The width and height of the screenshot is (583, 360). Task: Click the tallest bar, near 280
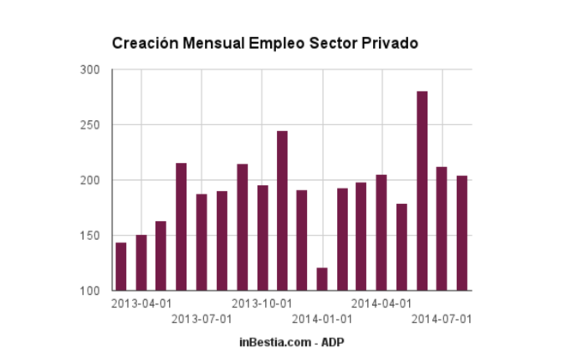point(422,190)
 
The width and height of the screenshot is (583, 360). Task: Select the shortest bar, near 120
point(322,279)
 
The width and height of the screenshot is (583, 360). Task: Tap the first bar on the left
point(121,267)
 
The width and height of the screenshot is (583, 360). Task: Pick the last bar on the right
point(462,233)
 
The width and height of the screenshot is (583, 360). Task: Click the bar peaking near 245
point(282,211)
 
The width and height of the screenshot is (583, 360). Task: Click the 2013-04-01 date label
point(141,303)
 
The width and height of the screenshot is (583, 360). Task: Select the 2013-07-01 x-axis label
point(201,319)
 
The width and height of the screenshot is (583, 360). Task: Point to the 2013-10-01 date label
point(262,303)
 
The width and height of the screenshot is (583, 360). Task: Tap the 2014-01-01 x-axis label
point(322,319)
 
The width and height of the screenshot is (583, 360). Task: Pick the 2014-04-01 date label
point(382,303)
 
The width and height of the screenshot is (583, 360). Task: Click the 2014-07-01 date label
point(442,319)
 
